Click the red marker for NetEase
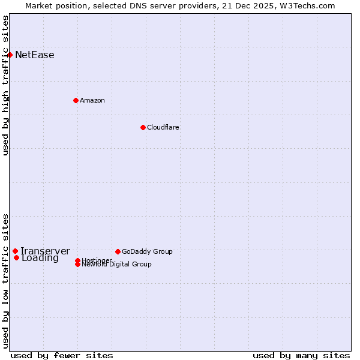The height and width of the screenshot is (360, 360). [10, 55]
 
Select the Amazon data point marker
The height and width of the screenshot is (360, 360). [76, 100]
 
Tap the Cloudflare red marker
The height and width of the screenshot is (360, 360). [143, 127]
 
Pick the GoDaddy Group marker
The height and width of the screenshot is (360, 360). [118, 251]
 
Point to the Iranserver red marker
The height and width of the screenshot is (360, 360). [15, 251]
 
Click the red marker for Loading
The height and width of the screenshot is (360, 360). [16, 257]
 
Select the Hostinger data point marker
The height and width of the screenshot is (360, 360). [77, 260]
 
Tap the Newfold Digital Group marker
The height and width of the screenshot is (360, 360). [77, 264]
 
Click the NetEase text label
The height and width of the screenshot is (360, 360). [35, 55]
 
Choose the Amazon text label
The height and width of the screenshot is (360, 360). [92, 100]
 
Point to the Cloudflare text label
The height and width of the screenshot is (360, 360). [163, 127]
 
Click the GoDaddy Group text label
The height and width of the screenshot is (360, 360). [147, 251]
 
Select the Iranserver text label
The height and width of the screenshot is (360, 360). [46, 251]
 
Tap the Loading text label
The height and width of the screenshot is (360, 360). [40, 259]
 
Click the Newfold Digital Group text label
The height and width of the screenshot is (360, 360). [117, 265]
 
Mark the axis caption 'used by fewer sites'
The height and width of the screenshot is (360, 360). [62, 355]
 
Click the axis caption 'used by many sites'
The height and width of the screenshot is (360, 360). [301, 355]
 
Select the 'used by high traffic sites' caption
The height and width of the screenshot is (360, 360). [6, 85]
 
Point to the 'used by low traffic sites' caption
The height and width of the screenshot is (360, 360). [6, 281]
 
